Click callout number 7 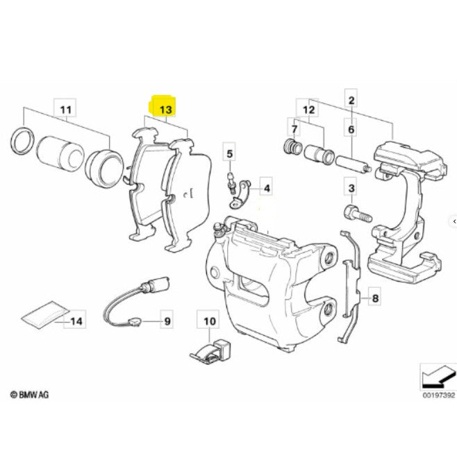tap(294, 130)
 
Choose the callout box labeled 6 tap(351, 130)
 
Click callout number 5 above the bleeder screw tap(230, 153)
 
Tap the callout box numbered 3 tap(351, 189)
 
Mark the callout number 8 tap(375, 300)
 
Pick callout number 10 tap(209, 322)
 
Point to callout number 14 tap(77, 321)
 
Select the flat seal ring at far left tap(21, 140)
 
